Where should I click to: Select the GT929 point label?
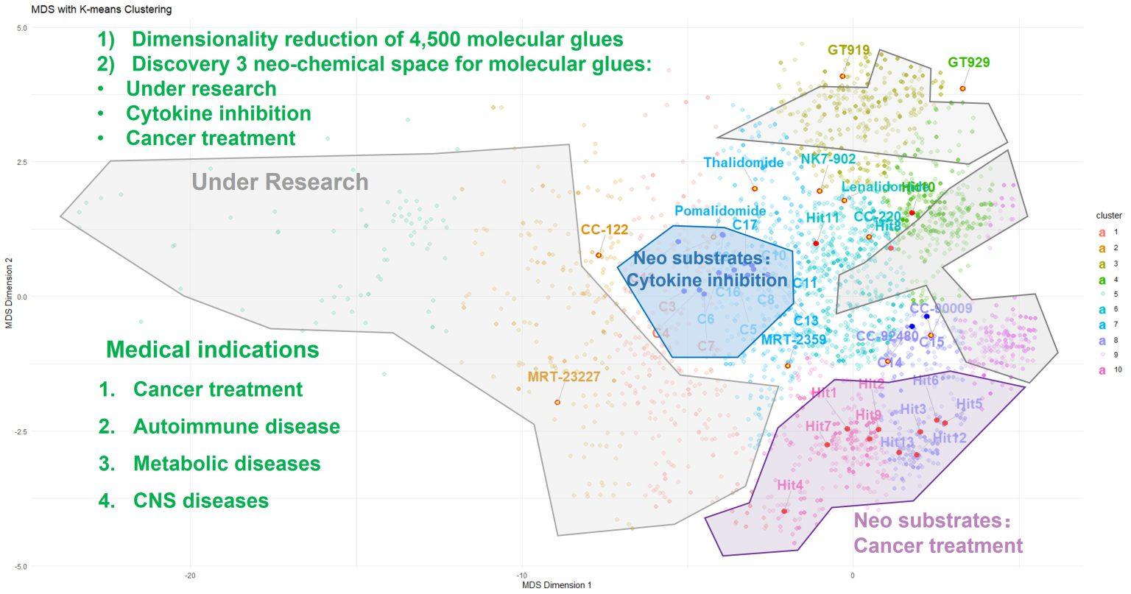click(968, 63)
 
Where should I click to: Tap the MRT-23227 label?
click(564, 377)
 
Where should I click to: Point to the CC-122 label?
click(605, 230)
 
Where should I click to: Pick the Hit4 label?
click(790, 485)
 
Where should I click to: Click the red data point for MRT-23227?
click(557, 402)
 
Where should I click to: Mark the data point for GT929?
click(962, 88)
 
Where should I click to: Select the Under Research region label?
click(280, 182)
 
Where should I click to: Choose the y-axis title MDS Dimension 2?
click(10, 297)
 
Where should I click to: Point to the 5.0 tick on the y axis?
click(21, 28)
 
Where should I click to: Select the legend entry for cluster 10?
click(1106, 371)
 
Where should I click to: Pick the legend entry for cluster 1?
click(1106, 232)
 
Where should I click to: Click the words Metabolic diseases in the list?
click(227, 464)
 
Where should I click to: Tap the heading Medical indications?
click(213, 349)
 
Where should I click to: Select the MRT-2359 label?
click(793, 339)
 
